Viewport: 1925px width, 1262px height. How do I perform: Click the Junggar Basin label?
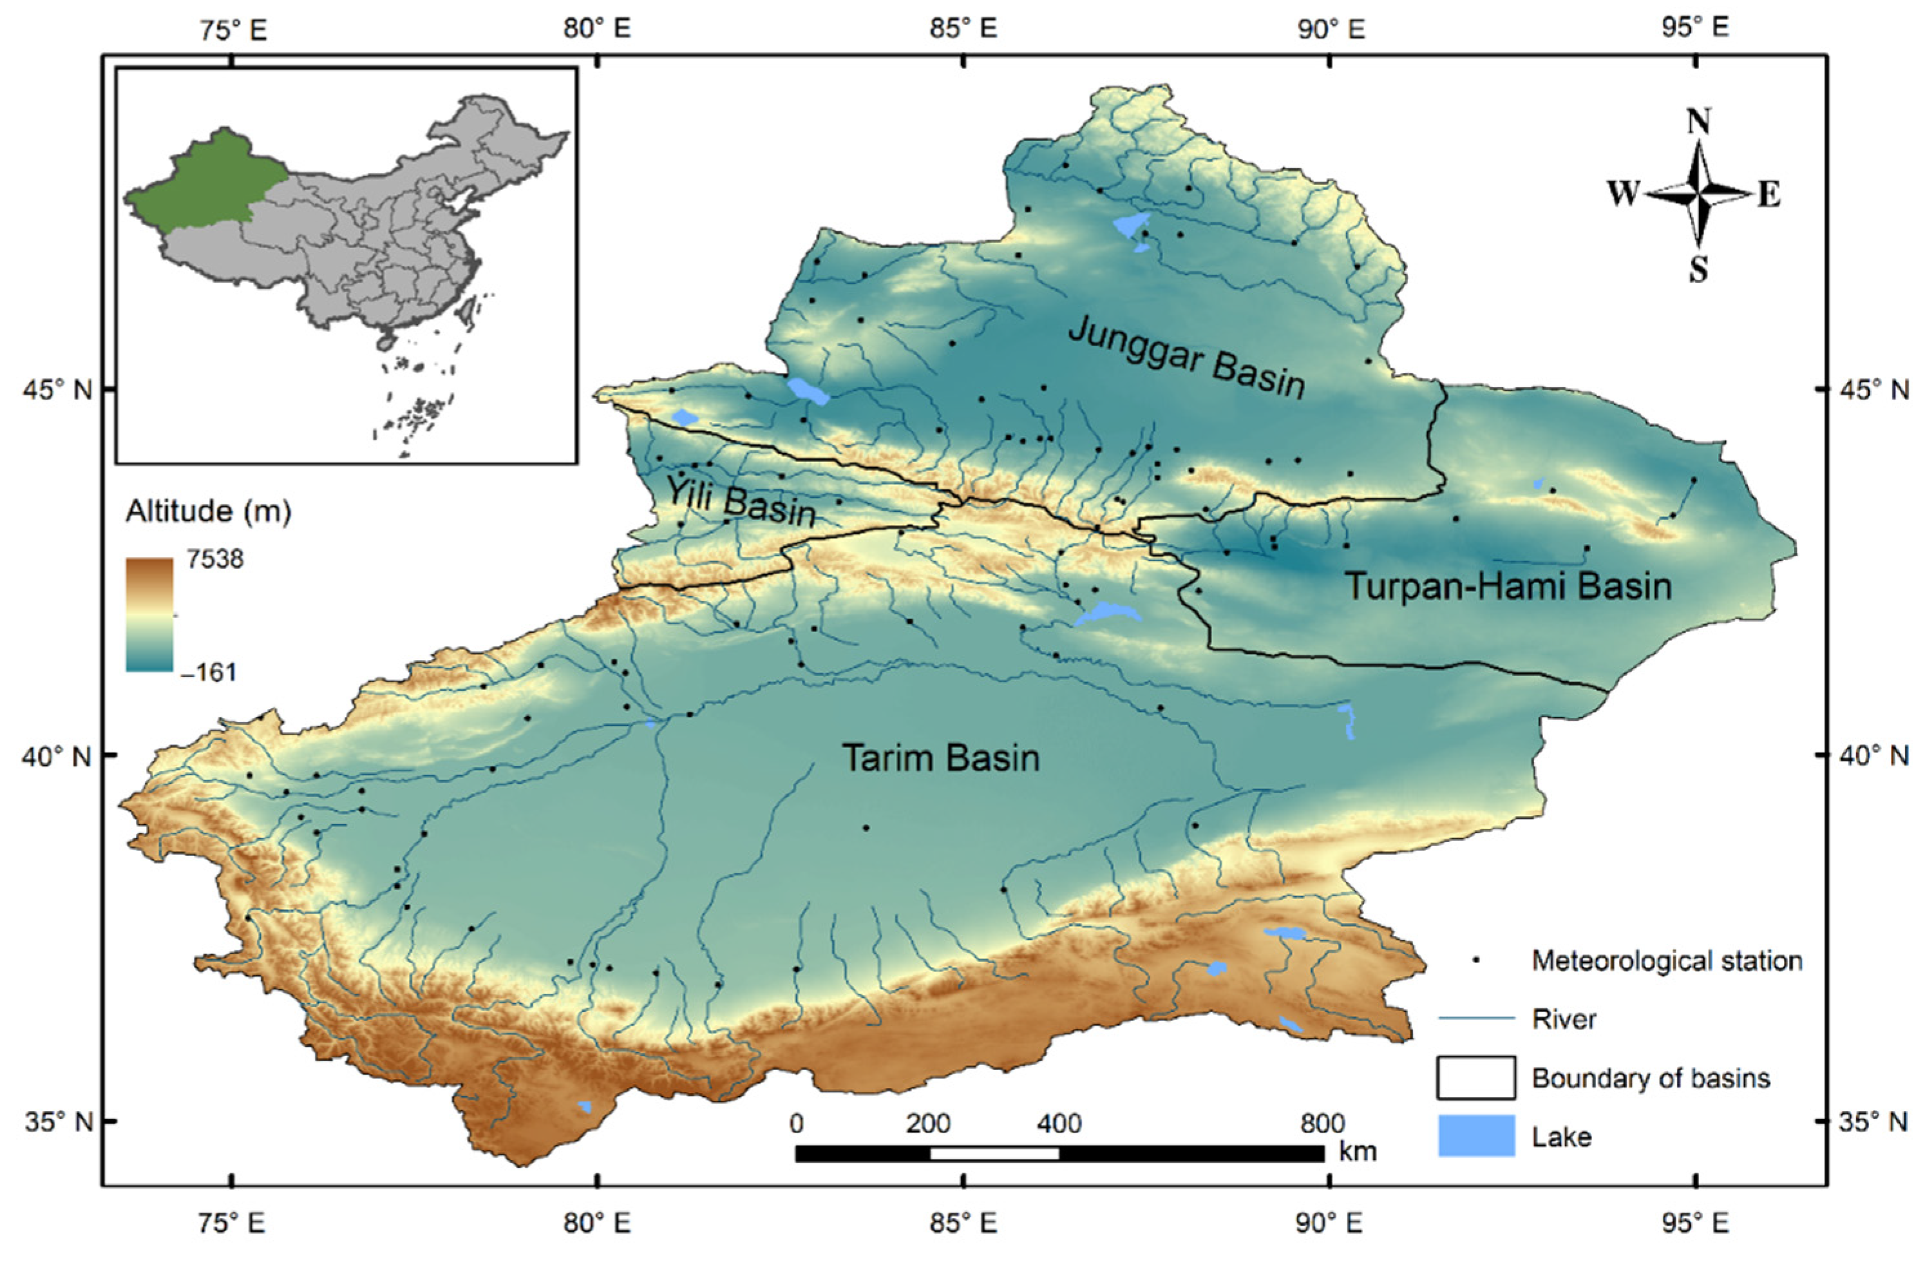[1186, 358]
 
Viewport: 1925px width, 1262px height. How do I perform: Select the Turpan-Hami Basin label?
[1508, 586]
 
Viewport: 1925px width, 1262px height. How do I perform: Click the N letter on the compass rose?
[1698, 122]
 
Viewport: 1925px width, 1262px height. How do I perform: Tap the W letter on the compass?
[1622, 194]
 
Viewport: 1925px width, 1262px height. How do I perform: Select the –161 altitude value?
[208, 671]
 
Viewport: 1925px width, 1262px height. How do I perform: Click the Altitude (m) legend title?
[208, 511]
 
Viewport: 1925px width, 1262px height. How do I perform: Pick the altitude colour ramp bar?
[149, 614]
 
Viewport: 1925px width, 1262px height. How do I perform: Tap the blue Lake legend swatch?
[1475, 1136]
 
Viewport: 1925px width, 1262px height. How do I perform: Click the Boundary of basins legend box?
[1475, 1078]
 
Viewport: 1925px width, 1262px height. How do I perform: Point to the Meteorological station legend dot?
[1475, 961]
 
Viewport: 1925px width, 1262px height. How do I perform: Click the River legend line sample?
[1475, 1018]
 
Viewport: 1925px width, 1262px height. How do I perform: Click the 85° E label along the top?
[962, 29]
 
